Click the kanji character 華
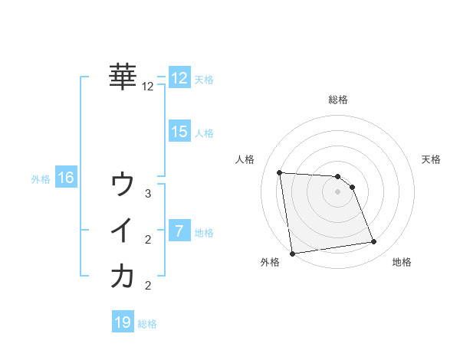(x=123, y=77)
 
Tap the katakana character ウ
(x=123, y=185)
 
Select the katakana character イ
(x=123, y=231)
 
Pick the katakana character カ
(x=123, y=277)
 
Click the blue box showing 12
(x=179, y=77)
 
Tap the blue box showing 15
(x=179, y=131)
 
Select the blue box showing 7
(x=179, y=231)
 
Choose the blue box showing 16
(x=65, y=178)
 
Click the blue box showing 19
(x=122, y=322)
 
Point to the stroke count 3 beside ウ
(x=148, y=194)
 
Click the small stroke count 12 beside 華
(x=148, y=87)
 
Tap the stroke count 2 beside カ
(x=148, y=286)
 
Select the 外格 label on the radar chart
(x=269, y=263)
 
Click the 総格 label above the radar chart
(x=338, y=100)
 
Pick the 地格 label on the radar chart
(x=402, y=263)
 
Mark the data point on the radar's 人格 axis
(x=280, y=172)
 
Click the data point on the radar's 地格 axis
(x=374, y=242)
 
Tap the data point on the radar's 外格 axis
(x=291, y=254)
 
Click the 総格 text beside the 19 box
(x=147, y=324)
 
